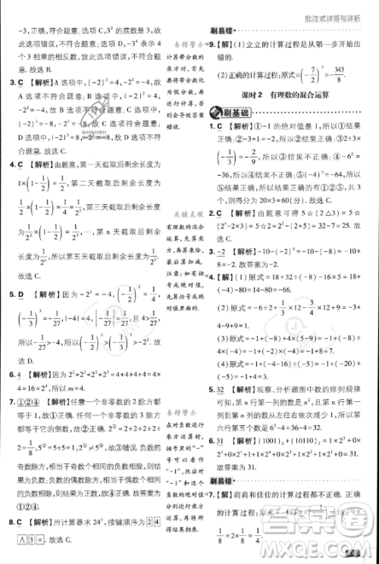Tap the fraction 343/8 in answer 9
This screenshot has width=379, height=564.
338,74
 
